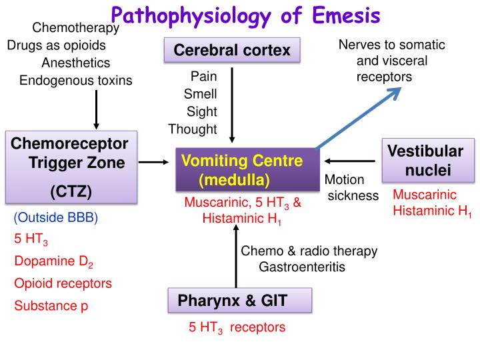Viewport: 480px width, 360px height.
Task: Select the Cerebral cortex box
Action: [232, 51]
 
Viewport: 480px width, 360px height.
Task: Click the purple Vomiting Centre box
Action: [242, 170]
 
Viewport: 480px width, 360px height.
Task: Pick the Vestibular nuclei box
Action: [427, 160]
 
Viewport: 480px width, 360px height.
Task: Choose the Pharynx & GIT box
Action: [238, 301]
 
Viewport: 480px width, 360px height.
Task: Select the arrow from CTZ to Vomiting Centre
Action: [155, 161]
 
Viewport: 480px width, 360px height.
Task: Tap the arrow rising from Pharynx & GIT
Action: [235, 257]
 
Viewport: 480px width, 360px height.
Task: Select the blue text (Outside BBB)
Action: [55, 218]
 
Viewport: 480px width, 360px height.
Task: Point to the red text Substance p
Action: [51, 306]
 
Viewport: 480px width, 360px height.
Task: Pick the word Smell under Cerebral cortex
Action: [200, 94]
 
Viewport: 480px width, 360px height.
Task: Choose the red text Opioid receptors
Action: [63, 283]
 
